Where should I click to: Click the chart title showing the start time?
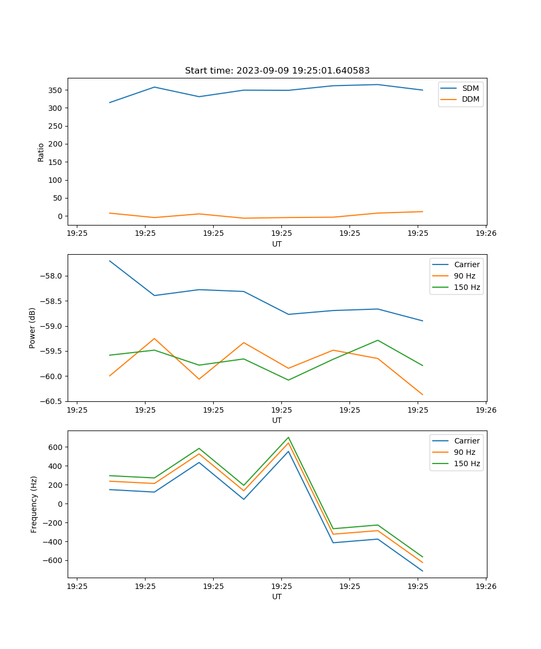(x=277, y=71)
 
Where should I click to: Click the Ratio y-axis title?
(x=41, y=152)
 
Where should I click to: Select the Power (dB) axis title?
(x=33, y=328)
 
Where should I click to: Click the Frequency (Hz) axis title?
(x=34, y=504)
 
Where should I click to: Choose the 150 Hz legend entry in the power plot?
(x=467, y=287)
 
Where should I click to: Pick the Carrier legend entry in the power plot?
(x=467, y=264)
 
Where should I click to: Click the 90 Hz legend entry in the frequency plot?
(x=467, y=452)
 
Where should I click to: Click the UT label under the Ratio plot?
(x=277, y=244)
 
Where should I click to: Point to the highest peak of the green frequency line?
(x=288, y=437)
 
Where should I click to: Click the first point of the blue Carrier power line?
(x=110, y=261)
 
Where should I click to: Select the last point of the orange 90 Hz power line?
(x=423, y=395)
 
